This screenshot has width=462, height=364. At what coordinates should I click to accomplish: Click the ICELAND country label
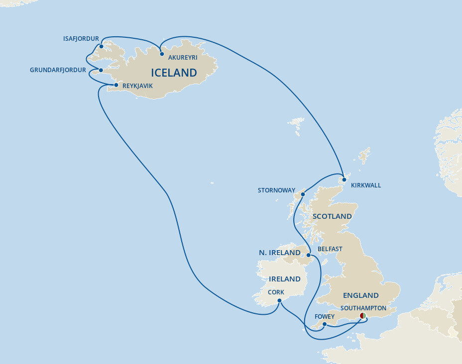pos(174,73)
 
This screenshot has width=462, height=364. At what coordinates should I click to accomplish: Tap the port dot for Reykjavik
pos(116,86)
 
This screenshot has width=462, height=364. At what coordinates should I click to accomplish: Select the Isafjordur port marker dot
pos(101,47)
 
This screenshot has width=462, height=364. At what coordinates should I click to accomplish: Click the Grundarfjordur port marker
pos(101,70)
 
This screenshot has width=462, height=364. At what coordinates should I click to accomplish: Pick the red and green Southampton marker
pos(363,316)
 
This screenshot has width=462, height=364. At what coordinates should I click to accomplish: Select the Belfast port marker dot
pos(309,256)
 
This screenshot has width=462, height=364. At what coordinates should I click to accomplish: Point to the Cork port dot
pos(280,301)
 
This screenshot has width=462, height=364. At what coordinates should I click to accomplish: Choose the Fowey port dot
pos(324,324)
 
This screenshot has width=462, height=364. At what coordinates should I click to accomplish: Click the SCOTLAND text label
pos(332,216)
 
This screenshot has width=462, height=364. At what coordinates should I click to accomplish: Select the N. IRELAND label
pos(279,253)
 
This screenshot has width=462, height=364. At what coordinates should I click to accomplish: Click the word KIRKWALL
pos(365,185)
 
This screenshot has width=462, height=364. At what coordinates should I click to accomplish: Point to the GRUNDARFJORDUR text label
pos(58,70)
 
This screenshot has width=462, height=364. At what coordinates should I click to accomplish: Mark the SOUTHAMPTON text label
pos(363,308)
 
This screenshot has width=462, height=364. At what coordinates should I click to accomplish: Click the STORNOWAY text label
pos(276,190)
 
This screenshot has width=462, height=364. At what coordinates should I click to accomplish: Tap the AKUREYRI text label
pos(183,58)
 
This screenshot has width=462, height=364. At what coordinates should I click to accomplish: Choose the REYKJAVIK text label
pos(137,86)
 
